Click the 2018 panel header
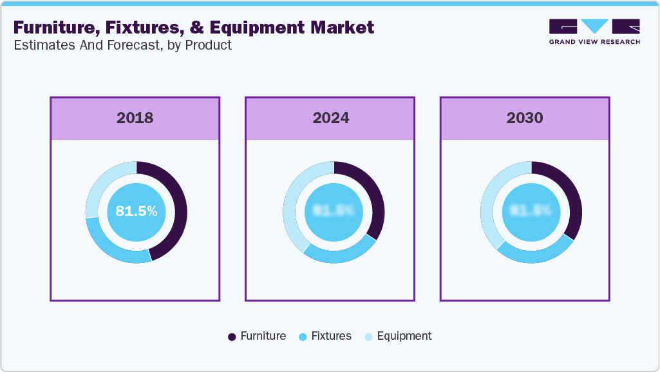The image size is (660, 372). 135,118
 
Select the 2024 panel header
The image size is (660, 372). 330,118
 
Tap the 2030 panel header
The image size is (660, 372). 525,118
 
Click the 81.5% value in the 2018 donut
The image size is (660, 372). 136,211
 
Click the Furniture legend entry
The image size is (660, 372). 257,336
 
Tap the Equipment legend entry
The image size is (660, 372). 397,336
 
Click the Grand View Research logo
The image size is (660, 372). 594,32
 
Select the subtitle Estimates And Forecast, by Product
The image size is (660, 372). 122,45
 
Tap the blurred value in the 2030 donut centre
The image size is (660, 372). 531,211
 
